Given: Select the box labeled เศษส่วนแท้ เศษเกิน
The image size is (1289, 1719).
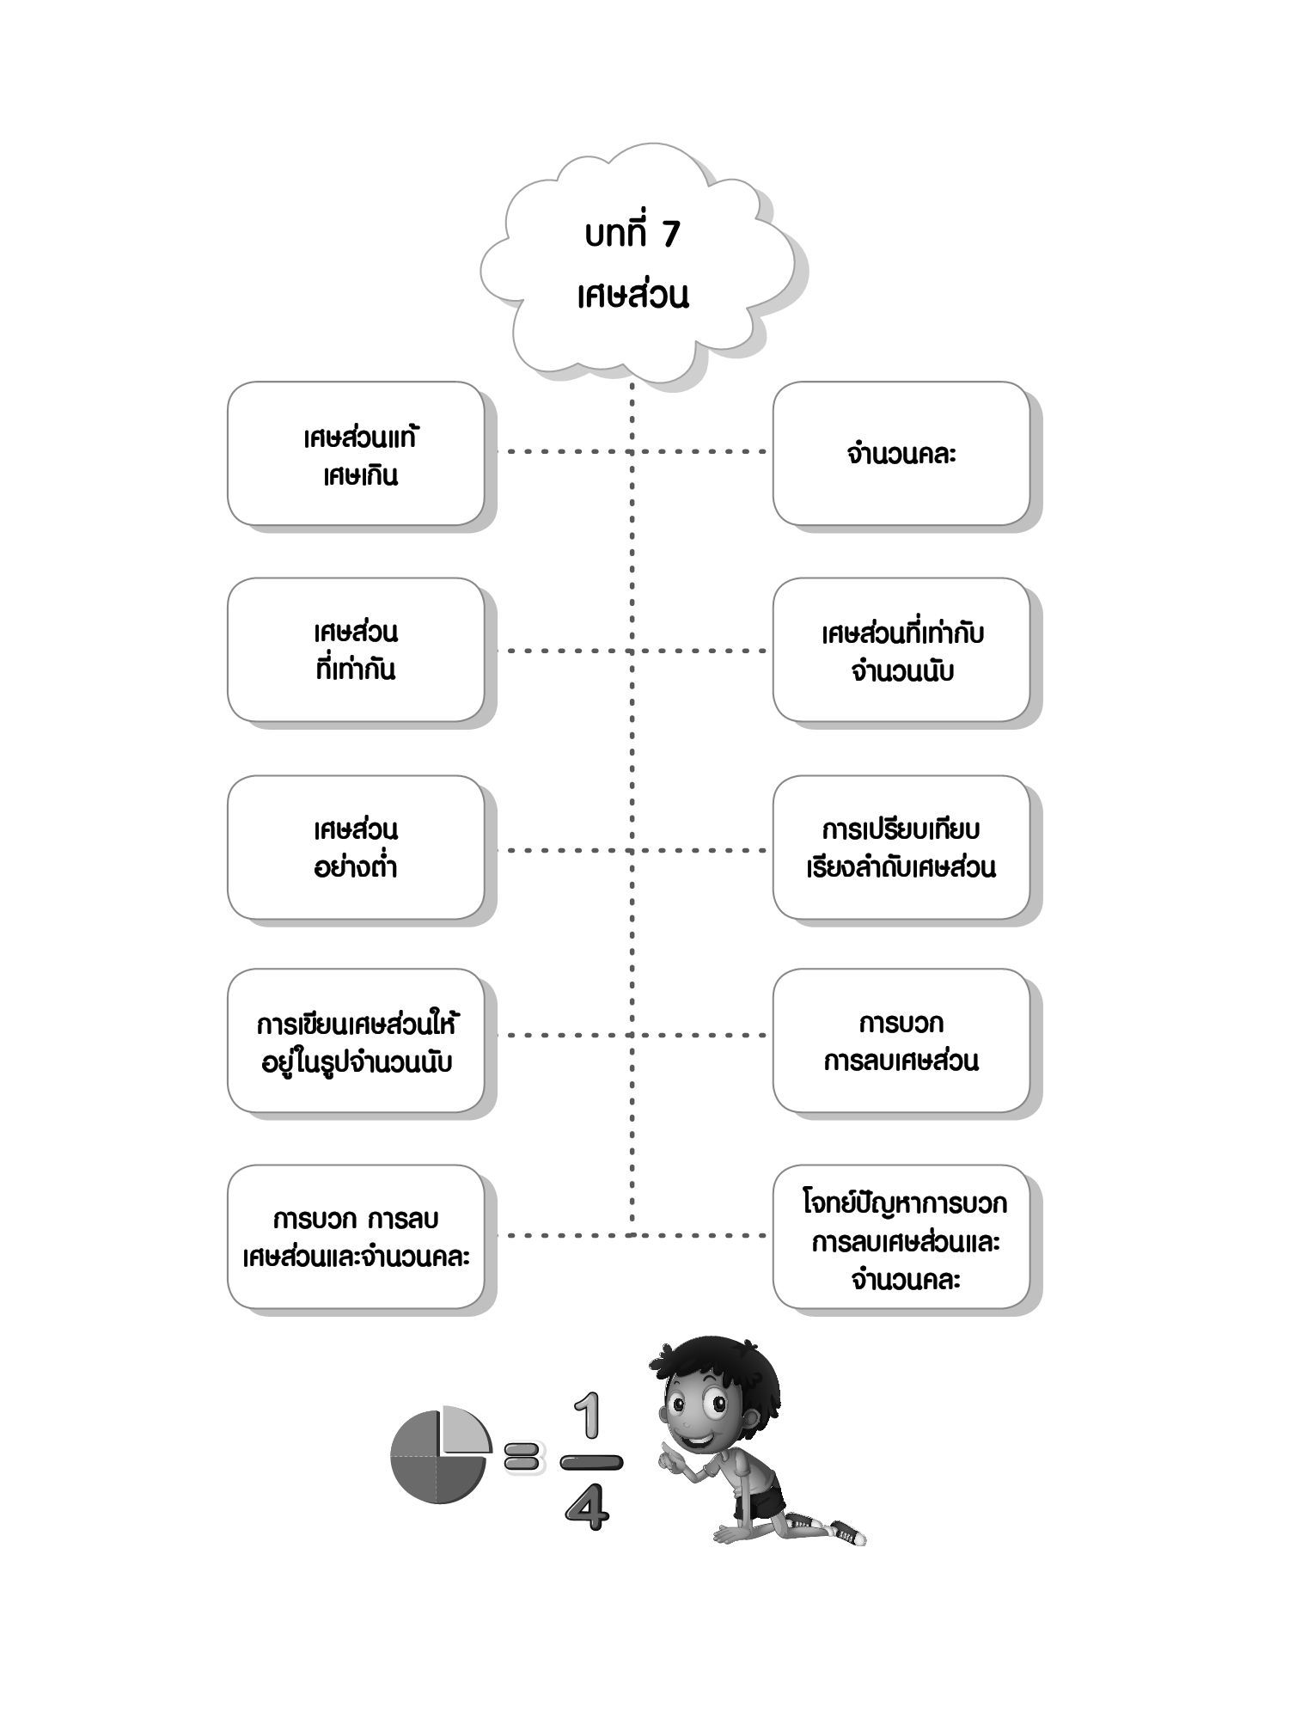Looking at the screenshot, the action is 356,454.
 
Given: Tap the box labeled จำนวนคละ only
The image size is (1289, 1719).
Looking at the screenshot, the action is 901,454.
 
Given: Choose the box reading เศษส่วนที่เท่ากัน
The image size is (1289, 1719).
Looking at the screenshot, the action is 356,650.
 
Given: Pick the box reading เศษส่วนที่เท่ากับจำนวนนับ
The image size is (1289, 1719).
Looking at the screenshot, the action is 901,650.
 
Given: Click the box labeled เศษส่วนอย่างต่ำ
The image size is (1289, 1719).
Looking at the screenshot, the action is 356,847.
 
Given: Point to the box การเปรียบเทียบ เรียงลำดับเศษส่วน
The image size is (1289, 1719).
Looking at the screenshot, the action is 901,847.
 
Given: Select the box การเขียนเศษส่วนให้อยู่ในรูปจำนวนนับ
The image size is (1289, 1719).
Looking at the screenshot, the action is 356,1041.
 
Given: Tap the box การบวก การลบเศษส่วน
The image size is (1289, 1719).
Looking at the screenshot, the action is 901,1041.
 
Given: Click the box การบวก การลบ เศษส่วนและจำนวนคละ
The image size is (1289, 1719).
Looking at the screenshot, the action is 356,1237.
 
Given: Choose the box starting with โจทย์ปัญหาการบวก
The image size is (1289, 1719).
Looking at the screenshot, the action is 901,1237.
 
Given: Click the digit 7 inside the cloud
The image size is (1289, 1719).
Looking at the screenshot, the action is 670,235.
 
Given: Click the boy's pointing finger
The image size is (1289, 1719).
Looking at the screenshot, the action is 664,1456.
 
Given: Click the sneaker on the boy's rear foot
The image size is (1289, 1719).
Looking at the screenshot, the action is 846,1532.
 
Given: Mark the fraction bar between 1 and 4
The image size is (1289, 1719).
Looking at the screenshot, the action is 590,1461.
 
